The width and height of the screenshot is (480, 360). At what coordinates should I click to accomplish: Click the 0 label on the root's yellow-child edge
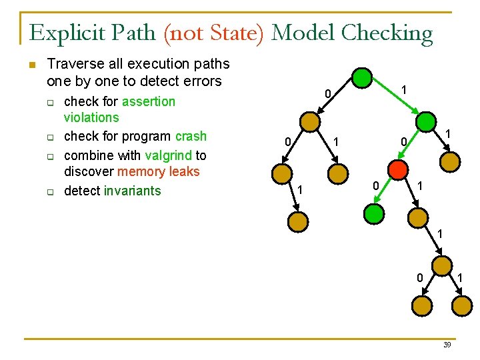(327, 95)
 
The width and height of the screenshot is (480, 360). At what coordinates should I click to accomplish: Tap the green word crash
(191, 136)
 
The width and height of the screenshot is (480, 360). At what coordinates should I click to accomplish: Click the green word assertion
(149, 101)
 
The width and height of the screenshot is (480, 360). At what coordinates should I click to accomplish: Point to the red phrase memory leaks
(158, 171)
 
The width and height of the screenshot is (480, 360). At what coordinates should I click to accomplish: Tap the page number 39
(447, 345)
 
